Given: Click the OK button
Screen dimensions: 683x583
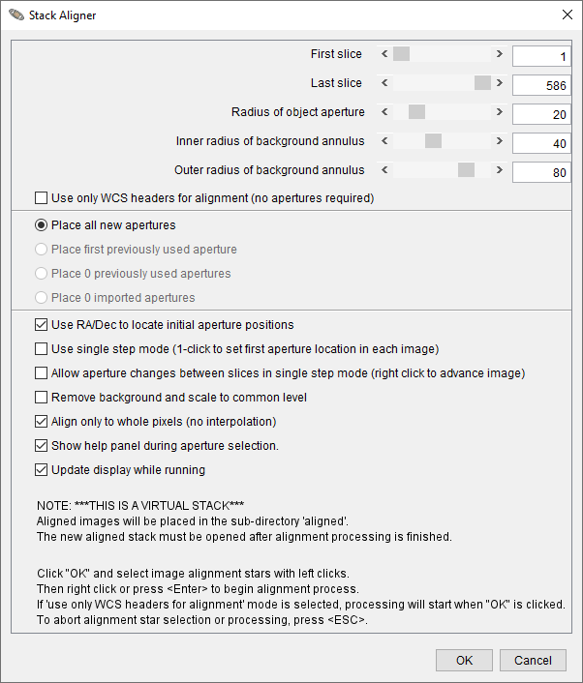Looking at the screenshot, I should (x=465, y=660).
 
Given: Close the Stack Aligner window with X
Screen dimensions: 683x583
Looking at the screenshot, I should (x=568, y=15).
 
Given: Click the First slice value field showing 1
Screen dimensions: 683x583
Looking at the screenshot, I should (x=540, y=57).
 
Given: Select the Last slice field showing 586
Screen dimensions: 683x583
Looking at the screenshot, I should (x=540, y=85).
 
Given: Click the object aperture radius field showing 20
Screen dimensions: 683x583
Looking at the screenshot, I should (x=540, y=114).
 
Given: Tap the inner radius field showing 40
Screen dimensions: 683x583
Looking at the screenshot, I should (x=540, y=143).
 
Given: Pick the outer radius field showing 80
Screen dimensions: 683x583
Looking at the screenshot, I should (x=540, y=172).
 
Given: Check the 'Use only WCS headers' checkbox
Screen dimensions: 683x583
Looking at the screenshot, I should (x=41, y=198).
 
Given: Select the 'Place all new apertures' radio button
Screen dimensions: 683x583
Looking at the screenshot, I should (x=41, y=225).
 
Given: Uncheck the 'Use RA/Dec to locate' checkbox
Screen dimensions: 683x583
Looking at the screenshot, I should (x=41, y=325).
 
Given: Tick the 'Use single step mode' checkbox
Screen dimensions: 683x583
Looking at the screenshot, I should (x=41, y=349).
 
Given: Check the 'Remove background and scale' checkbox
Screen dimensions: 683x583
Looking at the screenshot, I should (x=41, y=398).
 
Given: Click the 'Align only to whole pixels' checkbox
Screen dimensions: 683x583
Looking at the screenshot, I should (x=41, y=422).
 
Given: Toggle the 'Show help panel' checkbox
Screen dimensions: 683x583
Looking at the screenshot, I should (x=41, y=446).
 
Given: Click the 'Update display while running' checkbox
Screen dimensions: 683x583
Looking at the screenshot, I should (x=41, y=470).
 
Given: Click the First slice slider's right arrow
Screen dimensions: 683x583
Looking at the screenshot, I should (x=500, y=54).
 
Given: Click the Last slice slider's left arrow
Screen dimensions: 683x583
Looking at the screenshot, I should (x=385, y=83).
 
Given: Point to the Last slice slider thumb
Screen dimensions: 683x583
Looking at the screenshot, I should (x=482, y=83).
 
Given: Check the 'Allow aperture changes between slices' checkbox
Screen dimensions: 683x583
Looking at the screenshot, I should (x=41, y=373).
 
